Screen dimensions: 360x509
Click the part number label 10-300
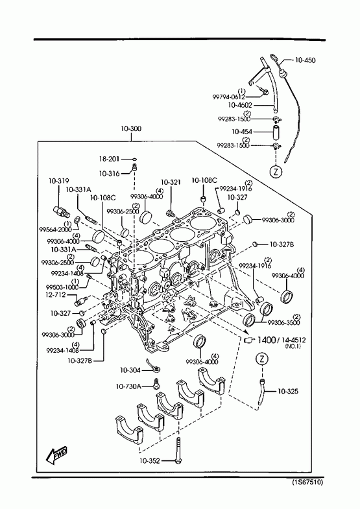(x=131, y=128)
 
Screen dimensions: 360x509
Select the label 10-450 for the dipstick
(x=305, y=60)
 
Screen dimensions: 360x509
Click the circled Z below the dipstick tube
(x=276, y=171)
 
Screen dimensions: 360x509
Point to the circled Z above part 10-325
(x=262, y=359)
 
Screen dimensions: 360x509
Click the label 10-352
(x=150, y=460)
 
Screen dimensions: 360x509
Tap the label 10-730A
(x=128, y=386)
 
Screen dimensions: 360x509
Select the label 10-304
(x=130, y=370)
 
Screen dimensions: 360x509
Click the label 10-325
(x=288, y=391)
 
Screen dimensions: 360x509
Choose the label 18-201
(x=109, y=159)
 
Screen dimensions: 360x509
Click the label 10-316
(x=109, y=174)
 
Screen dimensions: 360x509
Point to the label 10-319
(x=59, y=181)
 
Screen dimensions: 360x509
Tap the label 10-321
(x=171, y=182)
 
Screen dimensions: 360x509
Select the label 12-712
(x=56, y=295)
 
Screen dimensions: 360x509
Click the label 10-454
(x=241, y=132)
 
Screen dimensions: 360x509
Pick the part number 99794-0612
(x=229, y=97)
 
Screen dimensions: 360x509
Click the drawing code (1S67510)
(x=307, y=482)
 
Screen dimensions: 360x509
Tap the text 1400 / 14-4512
(x=281, y=340)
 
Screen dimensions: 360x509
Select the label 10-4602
(x=240, y=105)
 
